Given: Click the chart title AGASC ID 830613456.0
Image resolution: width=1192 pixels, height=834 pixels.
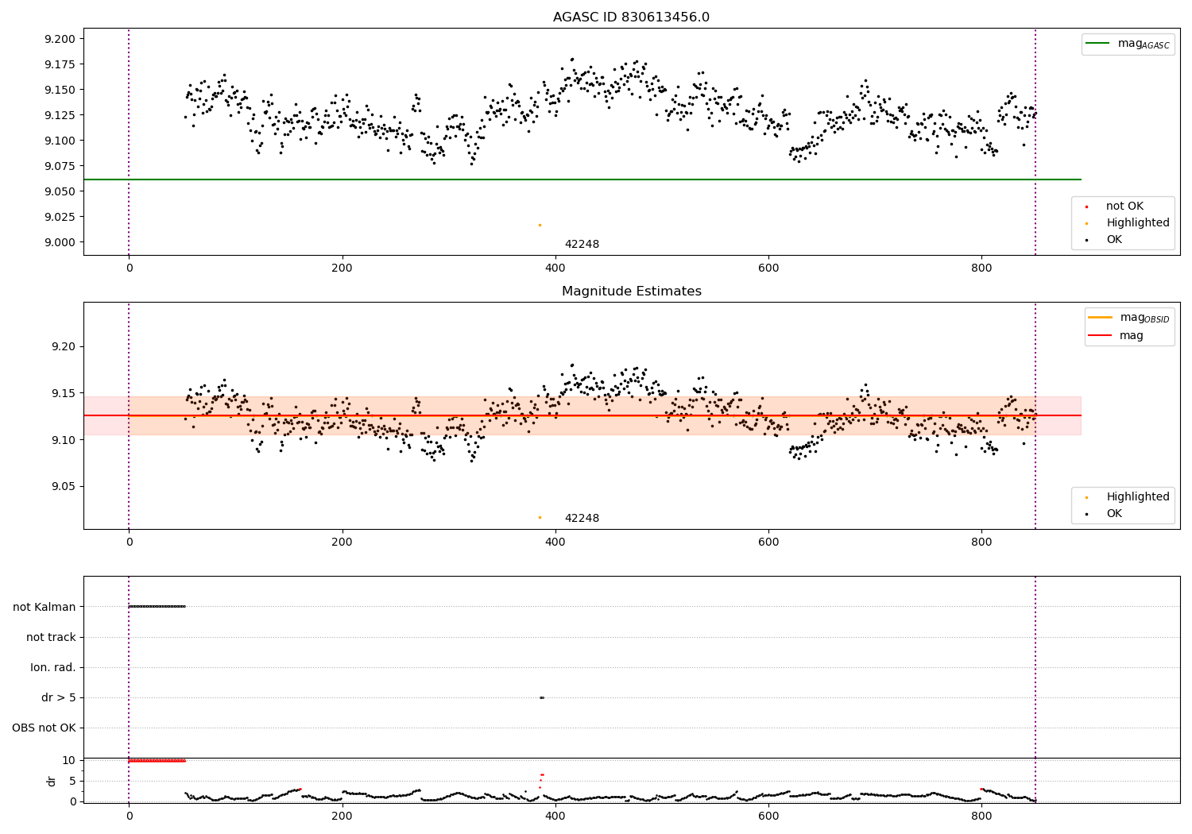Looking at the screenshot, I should [631, 17].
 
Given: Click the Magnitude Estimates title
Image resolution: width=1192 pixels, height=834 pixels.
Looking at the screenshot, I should [631, 292].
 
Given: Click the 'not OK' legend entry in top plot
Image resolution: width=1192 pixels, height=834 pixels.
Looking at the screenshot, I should [1124, 207].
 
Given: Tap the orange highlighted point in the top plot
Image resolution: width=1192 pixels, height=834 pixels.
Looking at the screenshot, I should [540, 225].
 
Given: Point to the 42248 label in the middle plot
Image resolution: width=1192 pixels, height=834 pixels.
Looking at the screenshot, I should [582, 518].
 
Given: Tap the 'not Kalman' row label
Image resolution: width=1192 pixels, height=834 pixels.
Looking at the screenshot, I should [45, 607].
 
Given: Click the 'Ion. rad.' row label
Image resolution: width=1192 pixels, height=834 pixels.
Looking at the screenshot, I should [53, 667].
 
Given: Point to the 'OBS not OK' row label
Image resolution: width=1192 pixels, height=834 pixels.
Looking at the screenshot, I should [45, 728].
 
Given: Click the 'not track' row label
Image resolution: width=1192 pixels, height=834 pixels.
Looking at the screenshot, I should [51, 637].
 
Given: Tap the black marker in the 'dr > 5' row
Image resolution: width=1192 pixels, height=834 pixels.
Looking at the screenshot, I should [541, 697].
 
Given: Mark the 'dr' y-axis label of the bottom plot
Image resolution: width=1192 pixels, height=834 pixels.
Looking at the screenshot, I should [52, 781].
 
